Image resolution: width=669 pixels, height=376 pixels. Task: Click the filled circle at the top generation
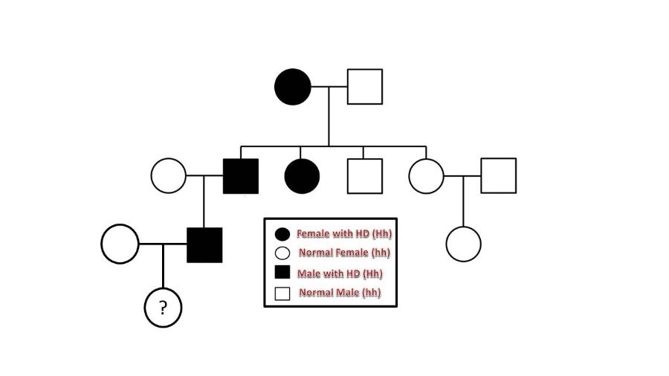[293, 86]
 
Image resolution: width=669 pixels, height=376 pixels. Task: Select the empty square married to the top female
[364, 86]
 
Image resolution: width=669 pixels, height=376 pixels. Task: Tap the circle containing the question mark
[163, 307]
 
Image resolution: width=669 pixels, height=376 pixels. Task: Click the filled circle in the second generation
[302, 176]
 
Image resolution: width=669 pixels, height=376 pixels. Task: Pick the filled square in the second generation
[241, 176]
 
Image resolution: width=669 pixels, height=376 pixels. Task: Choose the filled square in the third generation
[204, 244]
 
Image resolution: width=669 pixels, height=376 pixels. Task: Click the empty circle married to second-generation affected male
[169, 176]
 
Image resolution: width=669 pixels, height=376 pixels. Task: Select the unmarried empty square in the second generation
[364, 176]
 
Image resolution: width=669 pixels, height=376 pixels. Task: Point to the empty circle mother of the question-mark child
[120, 243]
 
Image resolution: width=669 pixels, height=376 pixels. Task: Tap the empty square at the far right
[498, 176]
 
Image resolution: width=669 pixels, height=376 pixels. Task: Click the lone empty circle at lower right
[463, 243]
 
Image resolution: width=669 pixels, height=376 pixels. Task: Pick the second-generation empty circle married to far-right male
[426, 176]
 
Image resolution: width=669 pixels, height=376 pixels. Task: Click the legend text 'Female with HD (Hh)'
[344, 234]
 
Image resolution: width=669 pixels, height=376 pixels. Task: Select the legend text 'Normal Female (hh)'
[344, 253]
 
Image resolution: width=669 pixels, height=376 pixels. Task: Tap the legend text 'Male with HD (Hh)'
[340, 273]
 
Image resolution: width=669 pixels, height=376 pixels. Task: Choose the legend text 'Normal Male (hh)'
[340, 293]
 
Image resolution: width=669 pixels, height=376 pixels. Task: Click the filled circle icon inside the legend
[282, 234]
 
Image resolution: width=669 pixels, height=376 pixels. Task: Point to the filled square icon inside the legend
[282, 273]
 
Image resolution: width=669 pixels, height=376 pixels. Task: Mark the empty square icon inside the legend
[282, 293]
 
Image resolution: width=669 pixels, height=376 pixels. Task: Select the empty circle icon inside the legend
[282, 253]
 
